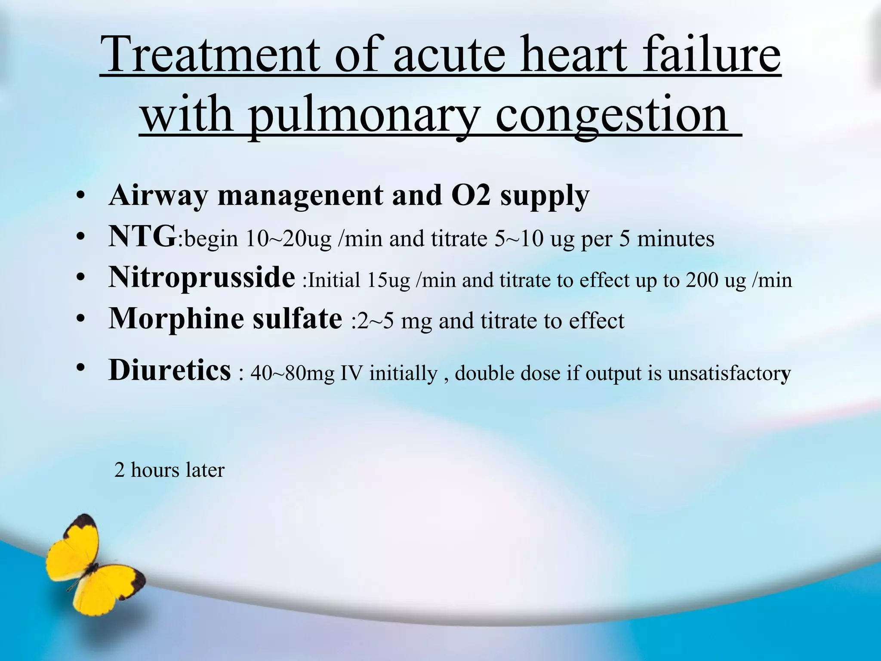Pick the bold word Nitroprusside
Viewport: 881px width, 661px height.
tap(201, 278)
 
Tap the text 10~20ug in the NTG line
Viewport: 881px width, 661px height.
tap(289, 239)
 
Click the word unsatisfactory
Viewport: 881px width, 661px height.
tap(729, 373)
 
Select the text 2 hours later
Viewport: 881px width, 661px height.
tap(169, 470)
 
